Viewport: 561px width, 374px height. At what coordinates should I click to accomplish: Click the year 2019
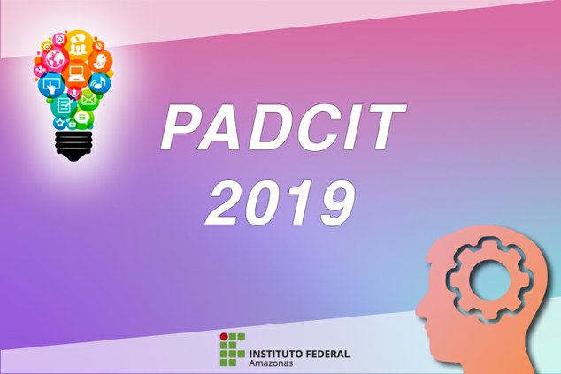pos(280,203)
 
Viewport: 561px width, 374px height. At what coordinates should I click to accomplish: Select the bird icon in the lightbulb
pos(100,62)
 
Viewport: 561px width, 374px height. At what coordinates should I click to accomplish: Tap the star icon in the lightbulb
pos(60,122)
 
